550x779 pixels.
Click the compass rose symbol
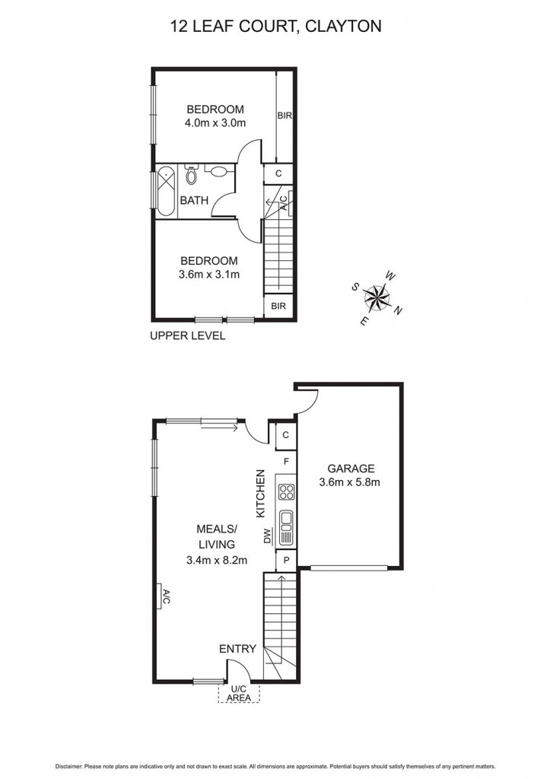point(377,297)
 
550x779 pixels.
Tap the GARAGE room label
point(351,469)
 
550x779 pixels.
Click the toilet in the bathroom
point(191,176)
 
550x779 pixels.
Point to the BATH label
point(194,201)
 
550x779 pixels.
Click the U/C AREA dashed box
point(239,693)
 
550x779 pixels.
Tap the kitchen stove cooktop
point(287,491)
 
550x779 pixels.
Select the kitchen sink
point(287,520)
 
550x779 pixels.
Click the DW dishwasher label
point(268,537)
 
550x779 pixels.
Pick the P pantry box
point(287,561)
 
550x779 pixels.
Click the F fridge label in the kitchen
point(286,461)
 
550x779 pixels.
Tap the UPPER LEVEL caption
point(188,335)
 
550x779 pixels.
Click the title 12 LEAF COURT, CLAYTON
point(275,27)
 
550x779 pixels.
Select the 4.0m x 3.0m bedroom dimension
point(215,122)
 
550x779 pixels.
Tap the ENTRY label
point(237,649)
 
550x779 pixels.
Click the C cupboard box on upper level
point(279,173)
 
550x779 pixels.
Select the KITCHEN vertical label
point(260,494)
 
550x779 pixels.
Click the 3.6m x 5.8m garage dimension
point(351,482)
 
